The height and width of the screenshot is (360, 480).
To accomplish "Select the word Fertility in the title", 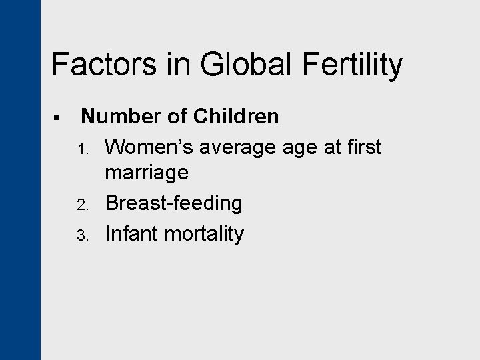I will tap(351, 65).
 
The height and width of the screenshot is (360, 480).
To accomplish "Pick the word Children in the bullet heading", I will tap(236, 117).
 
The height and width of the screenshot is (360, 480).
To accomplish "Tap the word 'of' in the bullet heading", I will tap(176, 117).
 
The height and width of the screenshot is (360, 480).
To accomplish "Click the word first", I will tap(364, 146).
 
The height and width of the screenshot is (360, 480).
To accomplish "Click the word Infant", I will tap(130, 233).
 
